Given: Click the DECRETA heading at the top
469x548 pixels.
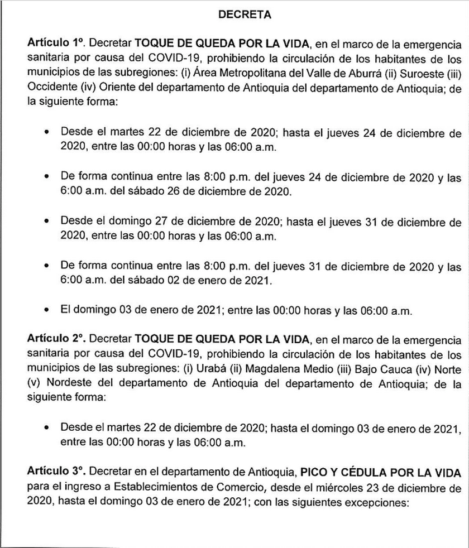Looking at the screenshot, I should pyautogui.click(x=245, y=16).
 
